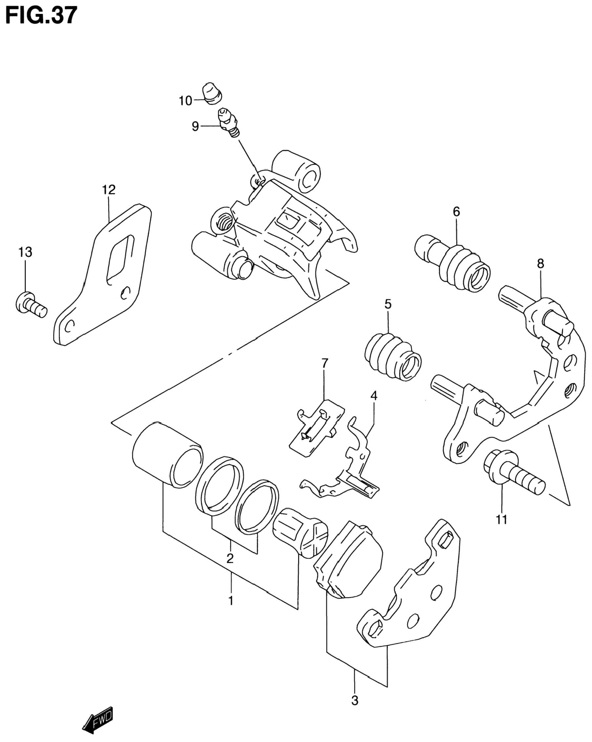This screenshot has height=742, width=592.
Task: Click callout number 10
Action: (x=185, y=101)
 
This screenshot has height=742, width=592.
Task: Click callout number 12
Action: (x=109, y=190)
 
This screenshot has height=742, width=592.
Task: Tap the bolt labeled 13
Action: (x=31, y=304)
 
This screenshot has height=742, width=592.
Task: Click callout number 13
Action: (x=26, y=252)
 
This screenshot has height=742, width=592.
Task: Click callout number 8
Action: (x=540, y=264)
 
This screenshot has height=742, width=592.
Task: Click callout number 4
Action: (x=374, y=395)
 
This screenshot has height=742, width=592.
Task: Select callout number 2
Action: (x=230, y=558)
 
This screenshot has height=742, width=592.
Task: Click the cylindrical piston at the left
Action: (x=167, y=454)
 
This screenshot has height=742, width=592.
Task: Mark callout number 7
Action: (x=325, y=363)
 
